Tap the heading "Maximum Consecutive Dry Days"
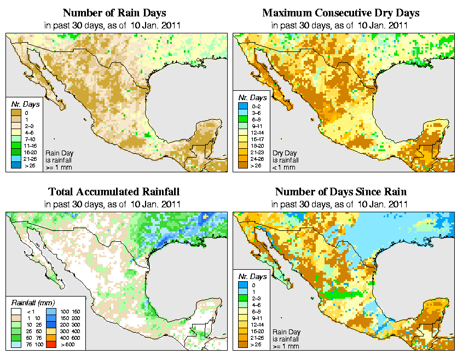[341, 13]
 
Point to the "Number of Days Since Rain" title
[341, 192]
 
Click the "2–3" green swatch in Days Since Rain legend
[242, 298]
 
